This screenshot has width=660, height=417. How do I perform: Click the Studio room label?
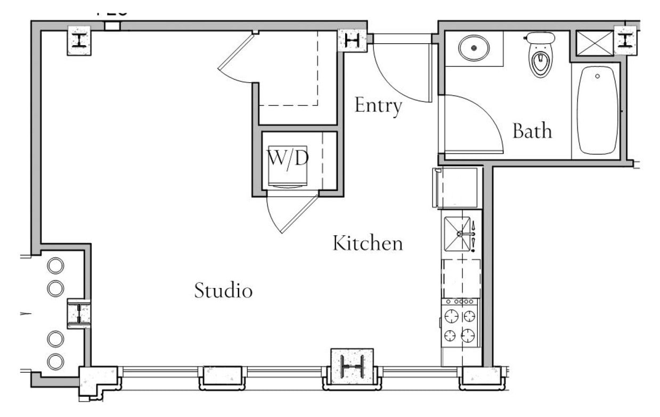point(223,291)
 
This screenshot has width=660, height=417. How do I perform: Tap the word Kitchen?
point(368,244)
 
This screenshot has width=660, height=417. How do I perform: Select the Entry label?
point(378,106)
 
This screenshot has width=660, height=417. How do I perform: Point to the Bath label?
point(532,131)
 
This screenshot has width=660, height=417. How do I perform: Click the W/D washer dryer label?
point(288,158)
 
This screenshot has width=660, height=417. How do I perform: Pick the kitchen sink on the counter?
point(458,234)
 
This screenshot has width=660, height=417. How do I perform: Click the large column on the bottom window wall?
point(352,365)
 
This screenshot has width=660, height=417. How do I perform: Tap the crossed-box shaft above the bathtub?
point(594,42)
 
